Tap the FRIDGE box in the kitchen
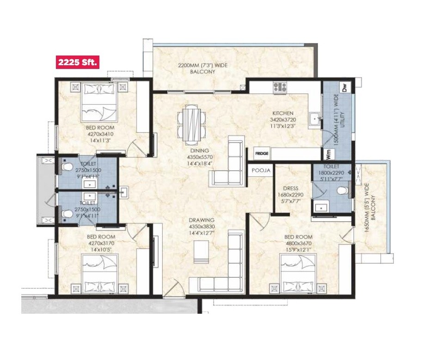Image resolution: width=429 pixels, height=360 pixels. (x=262, y=153)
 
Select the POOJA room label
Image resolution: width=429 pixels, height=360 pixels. (x=261, y=170)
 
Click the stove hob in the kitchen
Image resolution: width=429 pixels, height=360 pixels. (x=280, y=87)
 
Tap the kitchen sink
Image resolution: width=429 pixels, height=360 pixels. (x=315, y=119)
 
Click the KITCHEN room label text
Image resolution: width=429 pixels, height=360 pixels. (x=282, y=113)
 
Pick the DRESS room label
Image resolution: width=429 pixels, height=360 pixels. (x=291, y=189)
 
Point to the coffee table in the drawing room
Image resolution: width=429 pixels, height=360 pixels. (x=201, y=254)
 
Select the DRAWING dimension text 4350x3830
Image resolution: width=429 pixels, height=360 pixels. (x=201, y=226)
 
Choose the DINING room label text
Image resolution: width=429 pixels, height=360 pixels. (x=199, y=150)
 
